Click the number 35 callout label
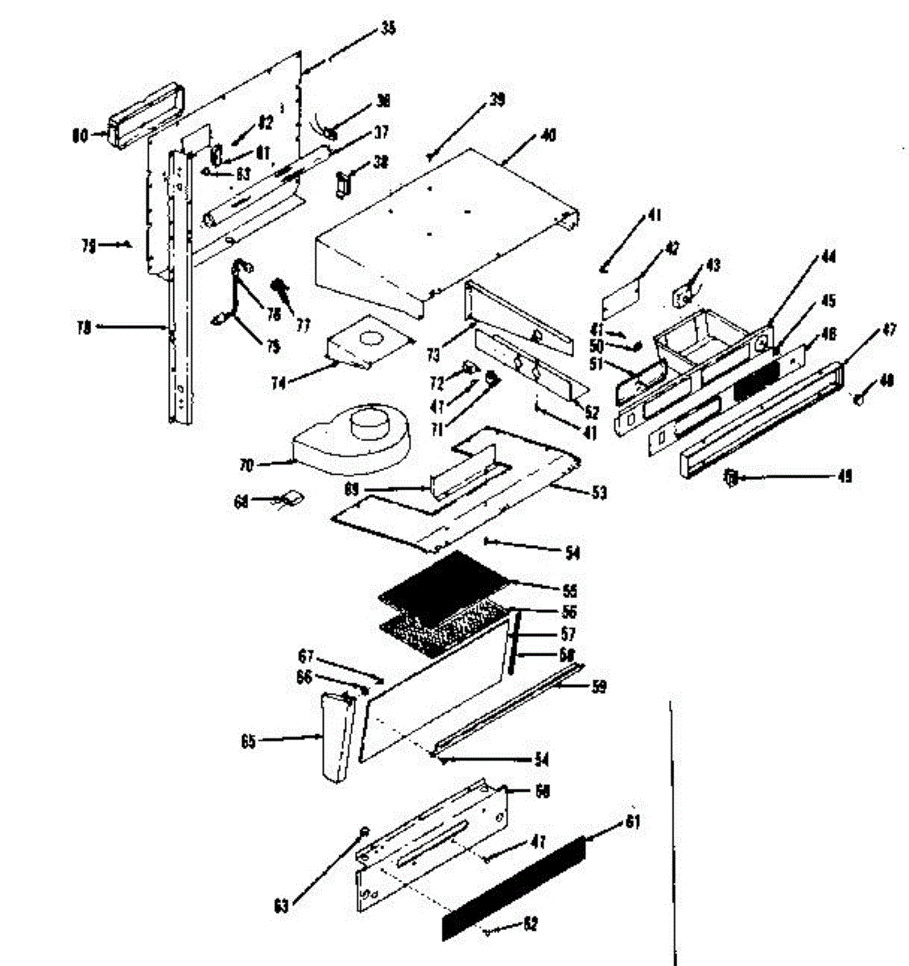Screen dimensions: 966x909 tap(388, 29)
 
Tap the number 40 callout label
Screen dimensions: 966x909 tap(547, 135)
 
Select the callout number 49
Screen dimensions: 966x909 tap(844, 477)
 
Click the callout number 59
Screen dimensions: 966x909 tap(598, 686)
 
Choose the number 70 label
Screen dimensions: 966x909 tap(246, 464)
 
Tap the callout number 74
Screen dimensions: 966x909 tap(279, 383)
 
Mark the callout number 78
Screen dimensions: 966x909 tap(83, 327)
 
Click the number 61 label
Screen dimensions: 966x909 tap(633, 823)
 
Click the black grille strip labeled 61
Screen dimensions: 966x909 tap(515, 885)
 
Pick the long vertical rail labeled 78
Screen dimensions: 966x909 tap(179, 290)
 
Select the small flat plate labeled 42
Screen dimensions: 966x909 tap(625, 296)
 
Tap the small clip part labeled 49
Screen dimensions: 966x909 tap(731, 477)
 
